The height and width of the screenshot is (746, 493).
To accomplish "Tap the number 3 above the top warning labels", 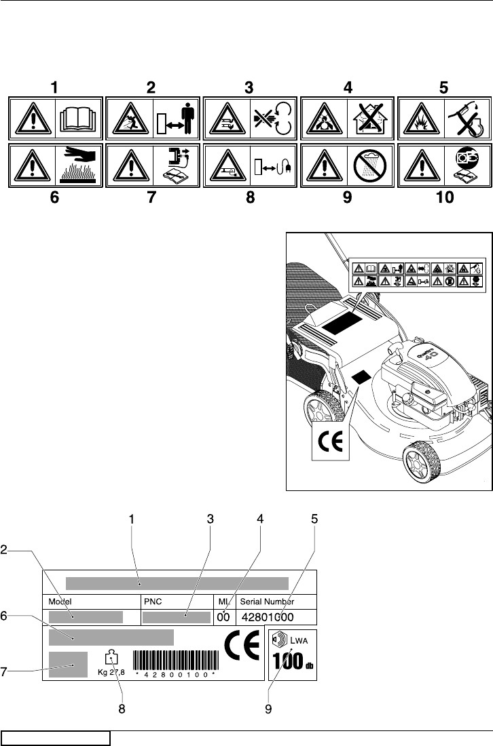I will coord(249,87).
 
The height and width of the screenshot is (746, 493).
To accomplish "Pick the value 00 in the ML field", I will coord(223,616).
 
